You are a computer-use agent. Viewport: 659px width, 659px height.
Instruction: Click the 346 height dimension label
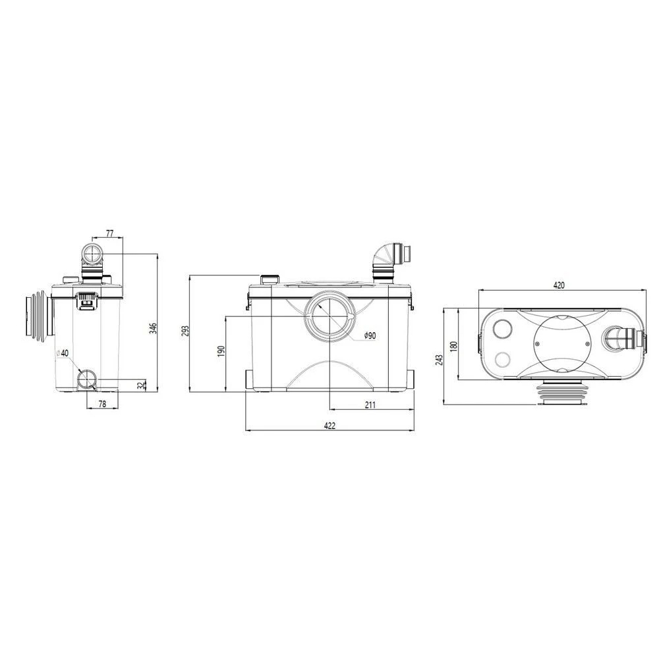[x=154, y=328]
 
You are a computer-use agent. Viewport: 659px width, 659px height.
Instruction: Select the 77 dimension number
[x=110, y=234]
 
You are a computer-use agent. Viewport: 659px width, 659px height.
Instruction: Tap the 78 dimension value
[x=102, y=404]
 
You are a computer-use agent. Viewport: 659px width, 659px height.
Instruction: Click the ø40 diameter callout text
[x=62, y=353]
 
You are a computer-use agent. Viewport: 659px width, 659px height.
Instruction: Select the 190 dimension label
[x=221, y=351]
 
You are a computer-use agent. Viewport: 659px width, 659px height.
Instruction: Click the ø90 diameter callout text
[x=370, y=335]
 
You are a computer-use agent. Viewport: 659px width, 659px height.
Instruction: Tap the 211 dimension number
[x=370, y=405]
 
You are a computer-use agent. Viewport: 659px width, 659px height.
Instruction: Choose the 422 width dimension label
[x=330, y=426]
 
